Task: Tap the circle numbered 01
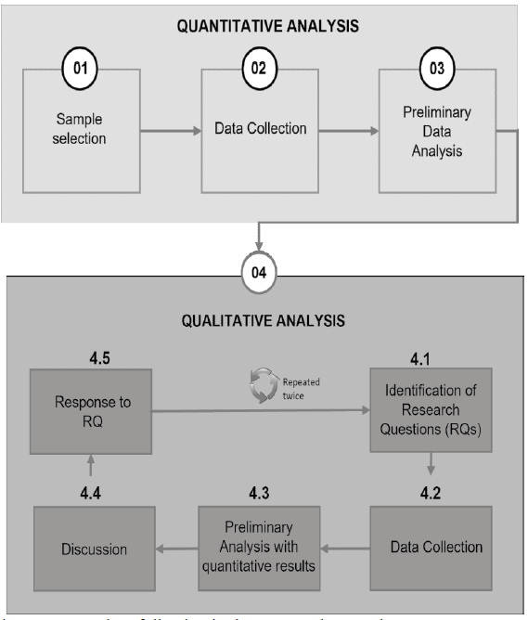click(80, 71)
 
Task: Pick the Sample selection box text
click(80, 129)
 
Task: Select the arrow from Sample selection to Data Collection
click(169, 130)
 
